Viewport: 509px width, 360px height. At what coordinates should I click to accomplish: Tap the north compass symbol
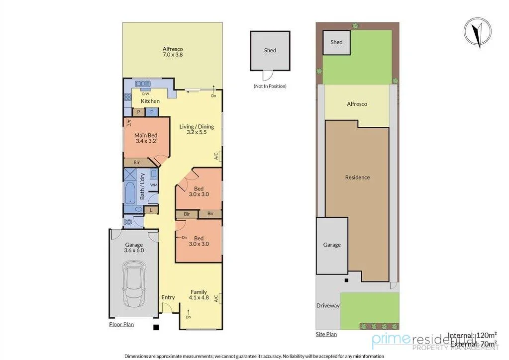(478, 32)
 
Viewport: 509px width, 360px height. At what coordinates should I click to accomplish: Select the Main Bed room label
(146, 138)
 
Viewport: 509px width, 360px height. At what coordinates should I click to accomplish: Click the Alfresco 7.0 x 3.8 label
(173, 52)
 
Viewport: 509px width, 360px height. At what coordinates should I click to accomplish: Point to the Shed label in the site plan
(336, 42)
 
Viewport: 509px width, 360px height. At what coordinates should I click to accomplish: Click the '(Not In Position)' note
(270, 86)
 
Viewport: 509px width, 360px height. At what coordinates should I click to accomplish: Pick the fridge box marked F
(151, 112)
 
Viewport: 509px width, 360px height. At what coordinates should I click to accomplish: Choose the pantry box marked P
(138, 112)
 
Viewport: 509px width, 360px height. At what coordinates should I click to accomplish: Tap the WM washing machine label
(153, 185)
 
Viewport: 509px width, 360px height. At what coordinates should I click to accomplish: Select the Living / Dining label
(197, 129)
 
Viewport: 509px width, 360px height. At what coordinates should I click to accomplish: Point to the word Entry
(168, 297)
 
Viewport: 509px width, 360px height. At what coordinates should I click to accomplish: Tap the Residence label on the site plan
(357, 178)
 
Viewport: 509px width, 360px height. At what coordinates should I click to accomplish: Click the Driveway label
(328, 305)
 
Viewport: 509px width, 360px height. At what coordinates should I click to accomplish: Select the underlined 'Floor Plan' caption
(121, 325)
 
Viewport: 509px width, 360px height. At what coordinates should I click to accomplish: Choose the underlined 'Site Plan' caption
(326, 334)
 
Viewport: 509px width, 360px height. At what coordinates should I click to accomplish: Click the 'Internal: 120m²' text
(472, 335)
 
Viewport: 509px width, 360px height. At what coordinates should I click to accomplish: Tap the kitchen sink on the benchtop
(143, 84)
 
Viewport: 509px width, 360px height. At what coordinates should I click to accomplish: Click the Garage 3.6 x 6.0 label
(134, 247)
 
